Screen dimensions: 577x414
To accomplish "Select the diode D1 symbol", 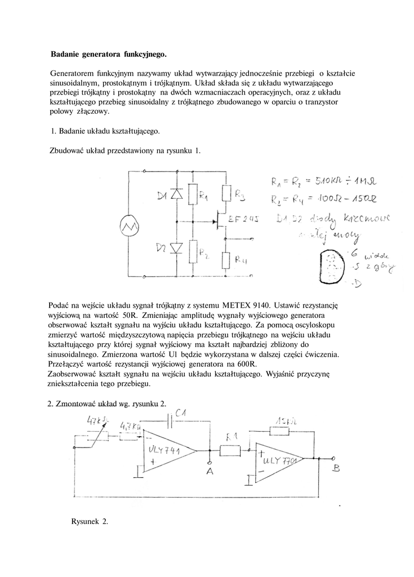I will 176,194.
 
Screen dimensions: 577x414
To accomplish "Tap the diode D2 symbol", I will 176,247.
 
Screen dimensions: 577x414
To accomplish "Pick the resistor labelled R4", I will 226,260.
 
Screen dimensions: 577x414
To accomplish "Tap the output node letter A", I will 210,472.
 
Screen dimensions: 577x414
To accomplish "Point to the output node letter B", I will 336,468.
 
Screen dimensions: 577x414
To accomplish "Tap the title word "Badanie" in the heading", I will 65,55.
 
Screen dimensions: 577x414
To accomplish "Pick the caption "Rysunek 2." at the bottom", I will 90,522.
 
